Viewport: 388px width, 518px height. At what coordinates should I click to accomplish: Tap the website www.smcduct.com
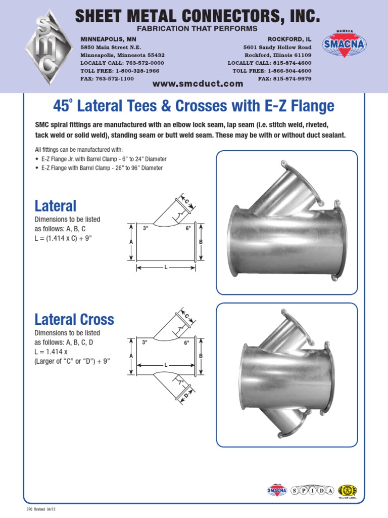coord(198,84)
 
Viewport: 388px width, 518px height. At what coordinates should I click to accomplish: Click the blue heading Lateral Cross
coord(74,319)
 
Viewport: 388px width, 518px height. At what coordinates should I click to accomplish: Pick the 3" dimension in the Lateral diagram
coord(145,229)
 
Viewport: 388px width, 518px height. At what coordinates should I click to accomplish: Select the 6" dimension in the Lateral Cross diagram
coord(187,342)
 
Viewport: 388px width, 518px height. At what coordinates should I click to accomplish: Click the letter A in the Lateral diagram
coord(131,242)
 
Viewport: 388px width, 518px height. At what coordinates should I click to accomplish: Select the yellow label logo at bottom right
coord(349,491)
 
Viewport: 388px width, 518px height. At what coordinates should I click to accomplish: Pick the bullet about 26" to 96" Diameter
coord(101,168)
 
